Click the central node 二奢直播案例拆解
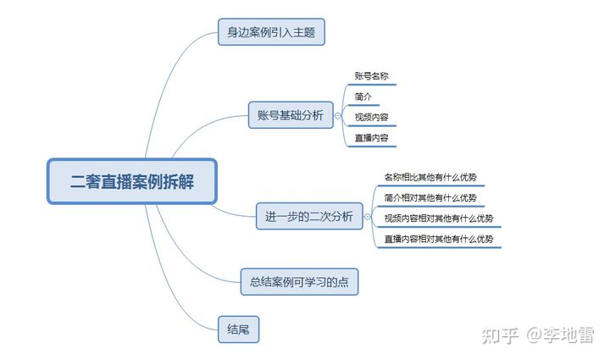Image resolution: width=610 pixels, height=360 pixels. tap(132, 181)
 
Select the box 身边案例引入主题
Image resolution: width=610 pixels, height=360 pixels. tap(271, 33)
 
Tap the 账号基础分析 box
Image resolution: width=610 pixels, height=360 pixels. tap(290, 116)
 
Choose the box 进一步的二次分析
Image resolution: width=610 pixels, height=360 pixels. tap(309, 216)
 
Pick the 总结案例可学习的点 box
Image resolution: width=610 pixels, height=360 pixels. tap(300, 282)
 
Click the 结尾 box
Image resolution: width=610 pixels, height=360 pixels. tap(237, 329)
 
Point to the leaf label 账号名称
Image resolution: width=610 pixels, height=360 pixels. tap(373, 76)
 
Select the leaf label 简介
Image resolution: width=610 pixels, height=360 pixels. tap(363, 97)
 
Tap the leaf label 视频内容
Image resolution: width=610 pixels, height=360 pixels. tap(372, 117)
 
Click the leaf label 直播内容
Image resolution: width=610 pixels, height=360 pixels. tap(372, 137)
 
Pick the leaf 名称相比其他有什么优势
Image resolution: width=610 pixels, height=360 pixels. tap(430, 177)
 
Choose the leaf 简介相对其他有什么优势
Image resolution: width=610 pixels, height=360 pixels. tap(430, 197)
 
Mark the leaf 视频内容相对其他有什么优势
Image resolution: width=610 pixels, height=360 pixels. tap(438, 219)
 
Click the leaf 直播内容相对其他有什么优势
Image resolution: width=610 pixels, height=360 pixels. tap(438, 239)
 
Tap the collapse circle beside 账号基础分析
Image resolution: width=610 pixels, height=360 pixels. tap(339, 116)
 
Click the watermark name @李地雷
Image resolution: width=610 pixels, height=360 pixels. tap(560, 335)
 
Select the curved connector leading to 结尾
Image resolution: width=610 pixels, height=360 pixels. tap(174, 280)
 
